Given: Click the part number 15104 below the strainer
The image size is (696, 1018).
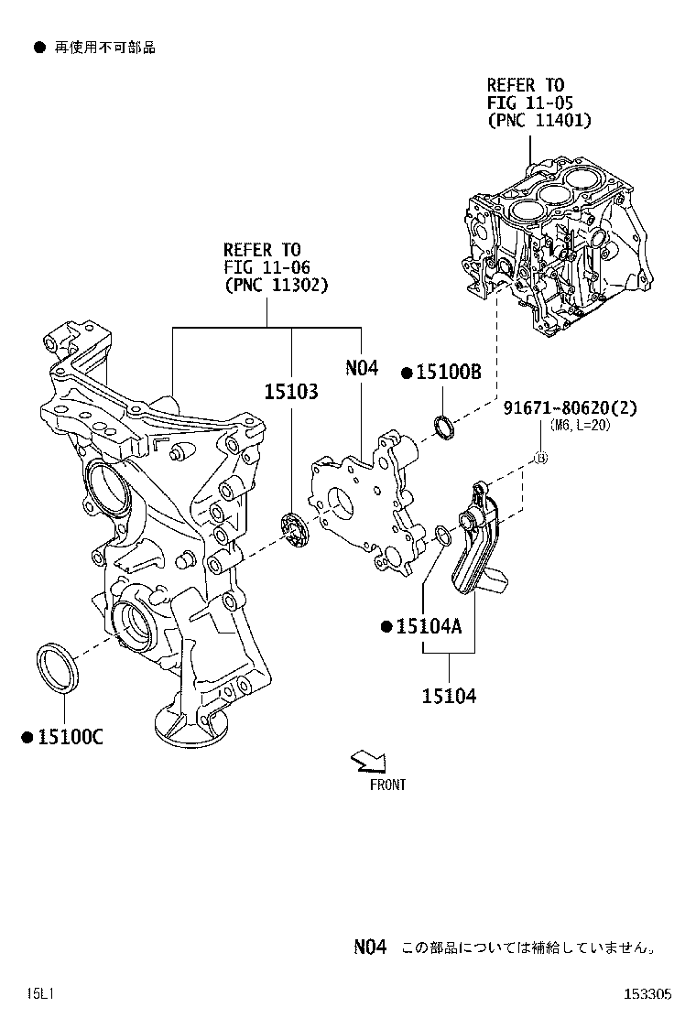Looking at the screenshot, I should click(449, 697).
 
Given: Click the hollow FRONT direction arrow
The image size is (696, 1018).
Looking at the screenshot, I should click(371, 762).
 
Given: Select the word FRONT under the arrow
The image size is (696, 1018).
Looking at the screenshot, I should click(387, 785).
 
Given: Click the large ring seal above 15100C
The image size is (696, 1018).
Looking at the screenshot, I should click(58, 667).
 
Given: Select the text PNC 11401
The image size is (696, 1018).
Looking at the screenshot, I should click(539, 120).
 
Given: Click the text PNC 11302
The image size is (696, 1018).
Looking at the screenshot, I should click(276, 285).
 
